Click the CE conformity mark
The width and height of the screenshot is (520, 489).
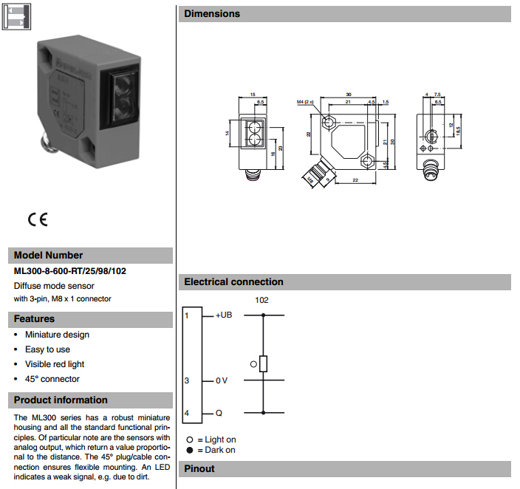[38, 219]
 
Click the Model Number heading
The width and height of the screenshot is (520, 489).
[49, 256]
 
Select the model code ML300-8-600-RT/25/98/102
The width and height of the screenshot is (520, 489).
[70, 271]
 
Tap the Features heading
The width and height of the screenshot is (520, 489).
[35, 319]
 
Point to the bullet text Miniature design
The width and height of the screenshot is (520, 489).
[57, 335]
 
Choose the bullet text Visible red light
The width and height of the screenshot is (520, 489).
[55, 364]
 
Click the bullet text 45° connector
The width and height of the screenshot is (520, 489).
[52, 379]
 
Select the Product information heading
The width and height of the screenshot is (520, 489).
[61, 400]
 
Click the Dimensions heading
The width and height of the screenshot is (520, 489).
[212, 14]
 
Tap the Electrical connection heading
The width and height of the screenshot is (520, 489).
[233, 282]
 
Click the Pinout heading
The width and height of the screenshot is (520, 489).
[199, 468]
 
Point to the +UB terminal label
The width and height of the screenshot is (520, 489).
[223, 315]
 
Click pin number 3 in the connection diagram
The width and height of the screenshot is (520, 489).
[188, 380]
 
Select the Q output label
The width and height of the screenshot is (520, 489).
[219, 413]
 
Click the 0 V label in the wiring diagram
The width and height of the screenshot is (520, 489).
[222, 380]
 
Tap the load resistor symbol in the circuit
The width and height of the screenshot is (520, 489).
[264, 363]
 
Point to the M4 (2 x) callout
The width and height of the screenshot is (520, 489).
[306, 101]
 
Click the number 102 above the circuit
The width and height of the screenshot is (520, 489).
[261, 300]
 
